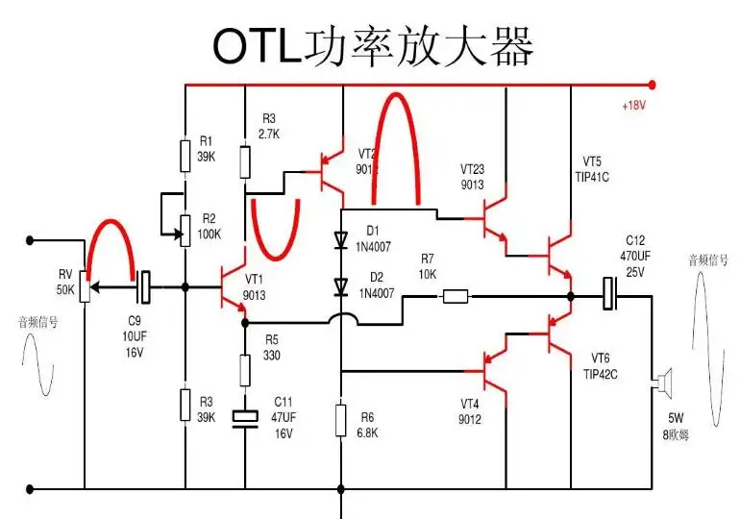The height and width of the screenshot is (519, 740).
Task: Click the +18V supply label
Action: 633,106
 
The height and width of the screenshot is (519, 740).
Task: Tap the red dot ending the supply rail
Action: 653,85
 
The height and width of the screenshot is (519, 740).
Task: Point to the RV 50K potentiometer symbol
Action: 85,286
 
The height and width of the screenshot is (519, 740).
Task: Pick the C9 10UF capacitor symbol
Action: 144,285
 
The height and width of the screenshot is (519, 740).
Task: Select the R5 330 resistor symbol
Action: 246,368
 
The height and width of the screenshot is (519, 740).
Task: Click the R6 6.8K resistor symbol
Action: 341,420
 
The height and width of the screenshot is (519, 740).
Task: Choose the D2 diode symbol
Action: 341,285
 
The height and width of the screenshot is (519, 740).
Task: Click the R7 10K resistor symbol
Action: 455,296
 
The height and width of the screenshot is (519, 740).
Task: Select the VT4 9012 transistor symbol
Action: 495,370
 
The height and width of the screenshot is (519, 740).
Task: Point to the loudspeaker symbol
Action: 660,386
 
